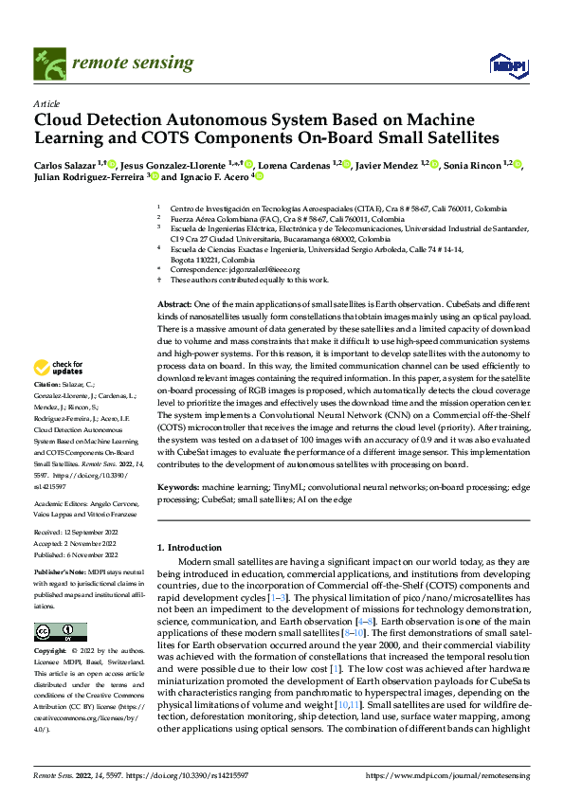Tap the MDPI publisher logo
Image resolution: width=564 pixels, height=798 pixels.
502,64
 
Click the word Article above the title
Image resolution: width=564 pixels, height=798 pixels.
46,103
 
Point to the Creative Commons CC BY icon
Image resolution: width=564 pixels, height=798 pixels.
60,632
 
